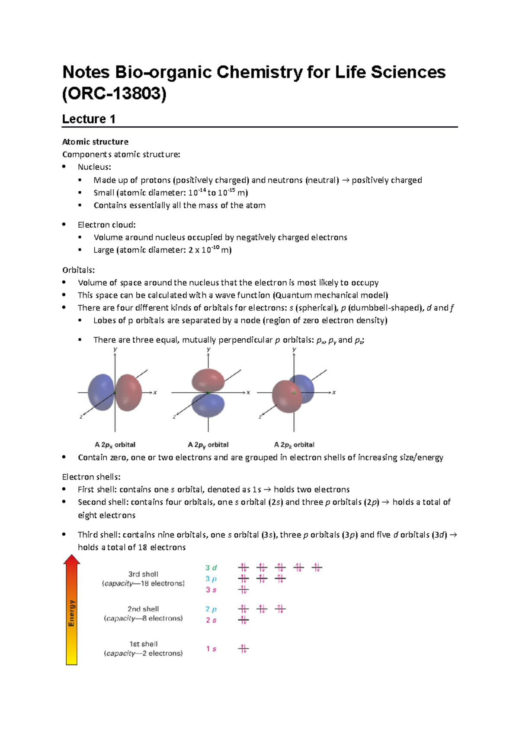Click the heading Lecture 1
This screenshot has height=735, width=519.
point(89,119)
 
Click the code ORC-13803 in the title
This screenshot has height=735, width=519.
point(114,94)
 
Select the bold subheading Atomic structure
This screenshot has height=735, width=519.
point(95,142)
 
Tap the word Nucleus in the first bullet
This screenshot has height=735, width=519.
point(93,167)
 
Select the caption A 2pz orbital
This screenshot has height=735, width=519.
point(294,445)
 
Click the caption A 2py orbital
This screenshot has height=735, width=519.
point(208,445)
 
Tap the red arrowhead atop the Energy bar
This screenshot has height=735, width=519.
point(72,560)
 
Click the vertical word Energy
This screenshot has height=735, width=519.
point(72,613)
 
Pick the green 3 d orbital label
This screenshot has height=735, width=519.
point(211,567)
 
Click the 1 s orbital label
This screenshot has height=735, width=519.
point(211,648)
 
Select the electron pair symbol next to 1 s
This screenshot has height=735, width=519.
point(243,648)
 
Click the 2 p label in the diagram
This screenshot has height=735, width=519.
point(211,609)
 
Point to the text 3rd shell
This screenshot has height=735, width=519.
point(143,574)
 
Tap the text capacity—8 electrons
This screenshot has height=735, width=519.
point(143,618)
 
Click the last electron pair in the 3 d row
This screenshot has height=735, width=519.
point(317,567)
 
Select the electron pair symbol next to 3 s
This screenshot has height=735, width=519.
point(243,590)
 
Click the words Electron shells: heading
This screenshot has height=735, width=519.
point(91,477)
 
